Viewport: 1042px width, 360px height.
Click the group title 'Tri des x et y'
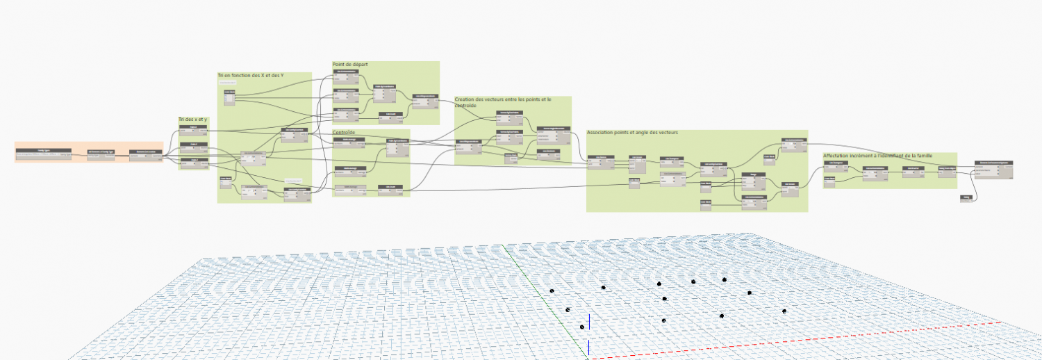click(192, 120)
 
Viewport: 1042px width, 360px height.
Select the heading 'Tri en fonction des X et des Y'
click(250, 75)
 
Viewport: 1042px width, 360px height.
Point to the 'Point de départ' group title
click(349, 65)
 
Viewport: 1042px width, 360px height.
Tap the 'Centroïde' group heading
click(345, 132)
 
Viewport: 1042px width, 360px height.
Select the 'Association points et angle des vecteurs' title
click(632, 132)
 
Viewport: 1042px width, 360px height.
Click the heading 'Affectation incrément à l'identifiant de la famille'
click(877, 156)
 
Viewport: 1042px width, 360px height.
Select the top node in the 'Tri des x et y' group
click(193, 129)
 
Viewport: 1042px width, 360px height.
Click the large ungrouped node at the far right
click(993, 168)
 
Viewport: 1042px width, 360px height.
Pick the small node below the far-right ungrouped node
click(966, 198)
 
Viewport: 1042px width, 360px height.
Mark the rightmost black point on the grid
click(784, 311)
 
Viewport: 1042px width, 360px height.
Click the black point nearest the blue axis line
click(582, 327)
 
